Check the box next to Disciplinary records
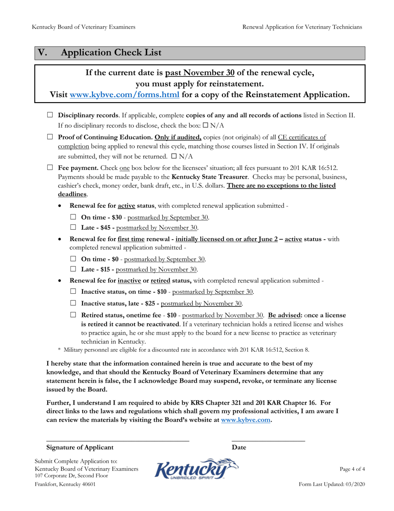tap(50, 115)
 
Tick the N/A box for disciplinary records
tap(206, 125)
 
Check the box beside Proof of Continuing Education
tap(50, 136)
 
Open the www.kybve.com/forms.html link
tap(125, 95)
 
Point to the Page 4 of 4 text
tap(352, 469)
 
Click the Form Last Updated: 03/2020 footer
tap(332, 485)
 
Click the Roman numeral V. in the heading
tap(43, 53)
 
